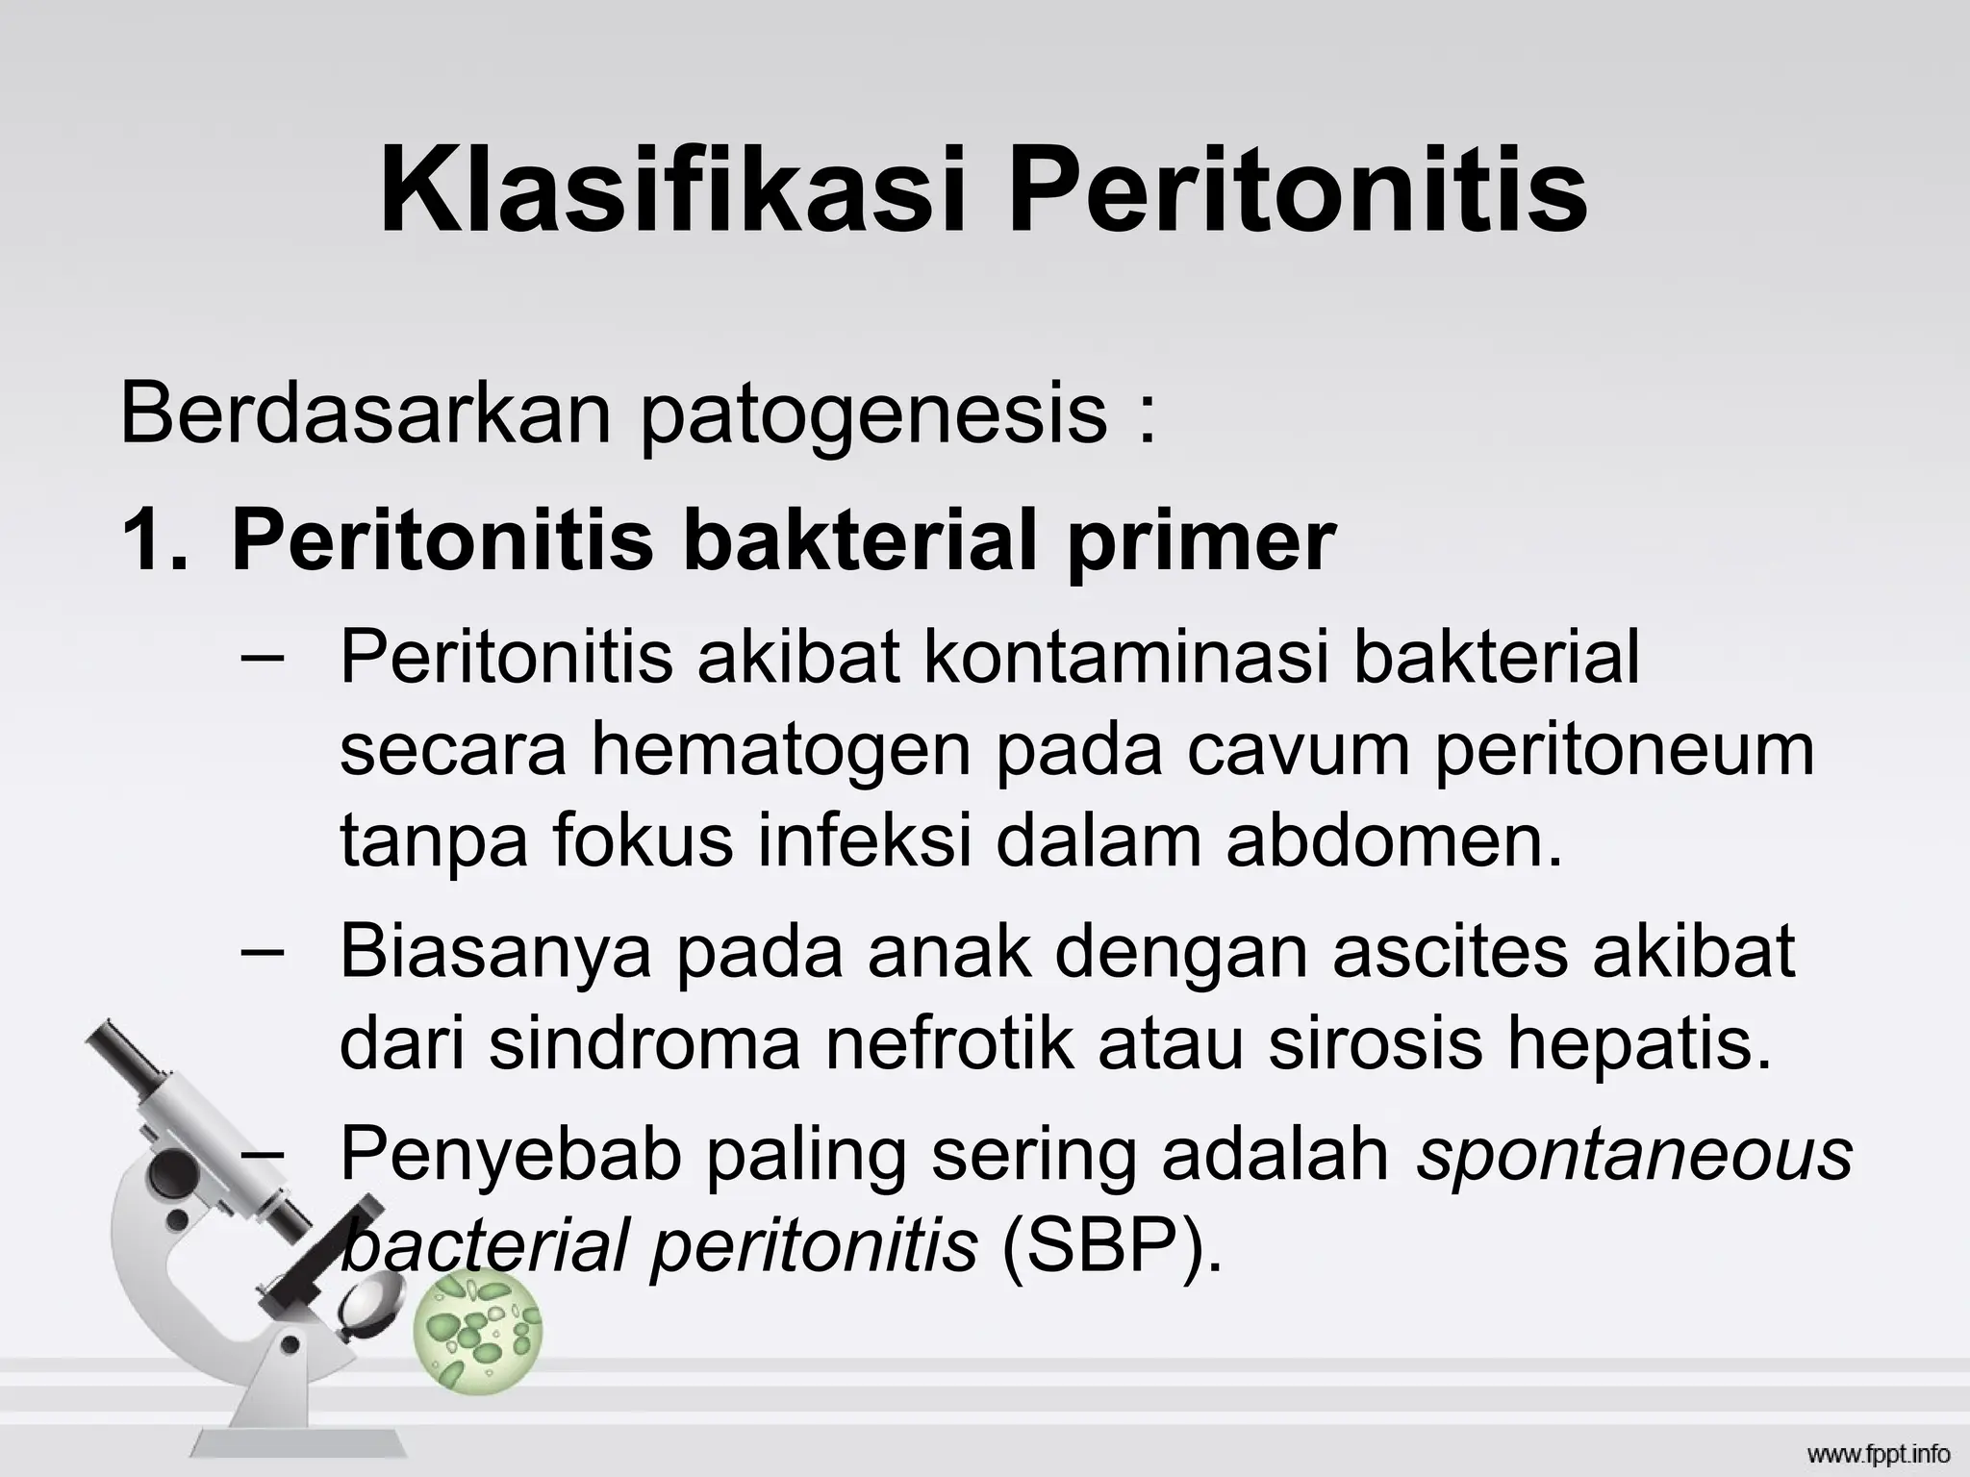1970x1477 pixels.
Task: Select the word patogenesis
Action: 873,415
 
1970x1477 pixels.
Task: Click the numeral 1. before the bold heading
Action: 154,540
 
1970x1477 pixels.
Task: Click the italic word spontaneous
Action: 1633,1156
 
